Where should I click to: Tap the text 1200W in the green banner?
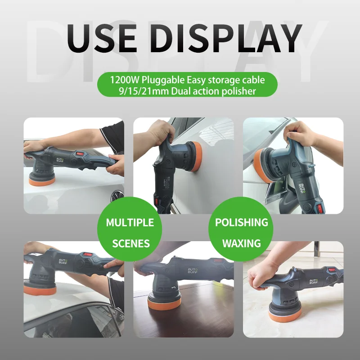pos(125,80)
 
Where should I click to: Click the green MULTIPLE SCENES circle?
pos(130,233)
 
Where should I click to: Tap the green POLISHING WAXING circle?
pos(241,233)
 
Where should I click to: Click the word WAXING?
pos(241,243)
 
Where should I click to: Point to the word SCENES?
pos(130,243)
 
